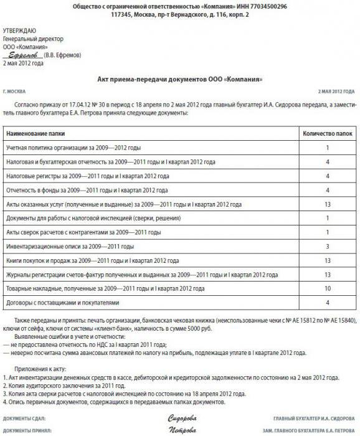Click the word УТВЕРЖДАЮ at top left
[19, 30]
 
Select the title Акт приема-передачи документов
[180, 79]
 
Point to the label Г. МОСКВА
[16, 91]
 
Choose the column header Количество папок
[327, 133]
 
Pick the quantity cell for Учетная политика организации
[327, 148]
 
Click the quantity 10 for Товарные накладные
[327, 288]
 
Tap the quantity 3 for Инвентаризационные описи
[327, 246]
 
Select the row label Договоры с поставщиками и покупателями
[62, 303]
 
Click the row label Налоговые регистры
[87, 176]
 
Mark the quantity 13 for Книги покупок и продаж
[327, 260]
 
